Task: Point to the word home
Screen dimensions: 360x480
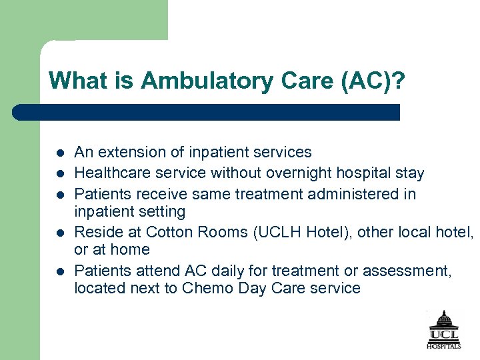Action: click(x=130, y=249)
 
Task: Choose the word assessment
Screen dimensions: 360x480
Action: click(x=400, y=271)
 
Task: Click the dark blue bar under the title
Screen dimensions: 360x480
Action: click(x=207, y=112)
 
